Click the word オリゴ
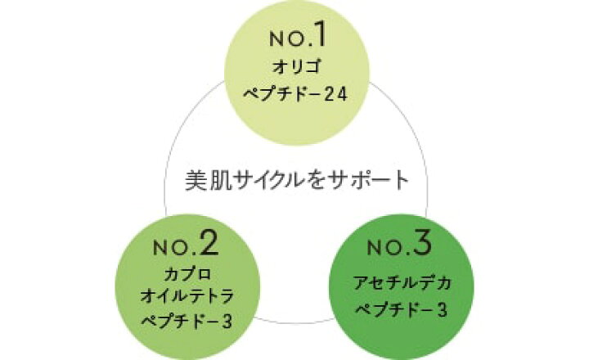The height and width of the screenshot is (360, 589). click(295, 67)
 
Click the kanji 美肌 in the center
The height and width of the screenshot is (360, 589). click(208, 178)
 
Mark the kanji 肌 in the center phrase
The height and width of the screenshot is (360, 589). click(218, 178)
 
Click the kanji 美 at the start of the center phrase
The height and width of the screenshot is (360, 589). click(197, 178)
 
